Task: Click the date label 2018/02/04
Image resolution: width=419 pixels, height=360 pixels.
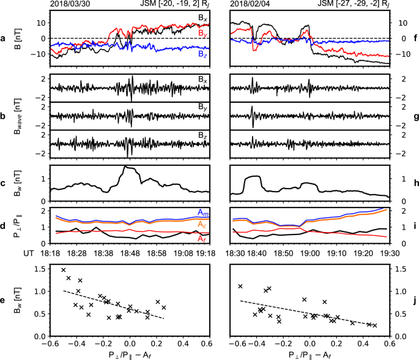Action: coord(251,4)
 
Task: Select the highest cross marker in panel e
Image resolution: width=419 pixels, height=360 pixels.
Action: coord(63,269)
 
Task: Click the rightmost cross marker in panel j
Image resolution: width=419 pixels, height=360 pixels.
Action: coord(375,325)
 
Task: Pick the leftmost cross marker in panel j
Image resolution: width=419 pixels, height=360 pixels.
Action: coord(240,286)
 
